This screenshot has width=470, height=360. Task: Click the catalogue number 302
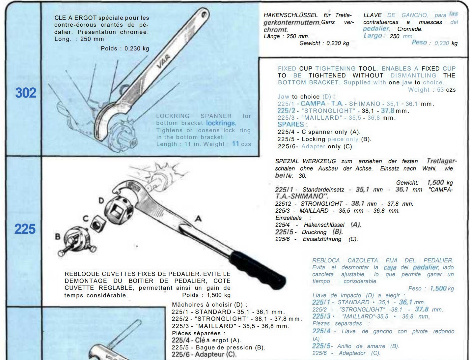pos(26,93)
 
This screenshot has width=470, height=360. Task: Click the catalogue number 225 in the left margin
pos(25,229)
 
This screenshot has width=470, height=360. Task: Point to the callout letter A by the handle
pos(198,218)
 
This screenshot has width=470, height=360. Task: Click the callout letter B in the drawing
pos(58,236)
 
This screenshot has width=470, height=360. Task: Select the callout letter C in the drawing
pos(86,218)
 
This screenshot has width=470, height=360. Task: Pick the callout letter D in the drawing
pos(101,200)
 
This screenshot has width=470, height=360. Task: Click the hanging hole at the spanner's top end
pos(204,15)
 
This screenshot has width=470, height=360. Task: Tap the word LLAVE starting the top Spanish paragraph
pos(372,15)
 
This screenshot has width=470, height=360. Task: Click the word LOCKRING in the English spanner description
pos(173,116)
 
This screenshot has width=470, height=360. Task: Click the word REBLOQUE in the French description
pos(82,274)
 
